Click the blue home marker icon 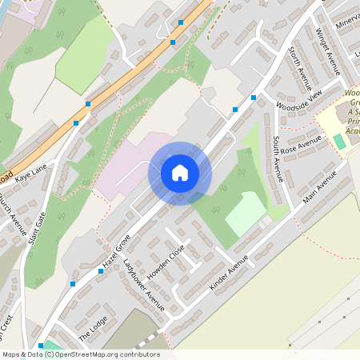179,172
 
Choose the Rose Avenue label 301,145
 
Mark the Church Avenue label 10,214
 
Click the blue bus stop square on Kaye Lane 76,123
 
